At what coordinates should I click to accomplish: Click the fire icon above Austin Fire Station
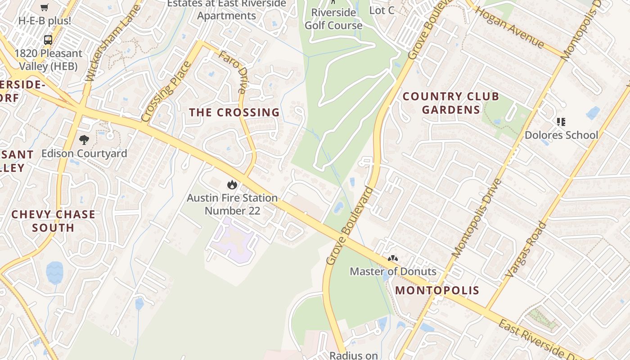coord(232,184)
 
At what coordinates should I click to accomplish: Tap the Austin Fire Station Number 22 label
coord(232,204)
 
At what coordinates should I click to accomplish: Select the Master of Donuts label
coord(393,271)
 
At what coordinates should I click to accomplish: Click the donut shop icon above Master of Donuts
coord(393,259)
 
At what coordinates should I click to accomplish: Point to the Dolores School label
coord(561,135)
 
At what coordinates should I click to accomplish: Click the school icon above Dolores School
coord(561,121)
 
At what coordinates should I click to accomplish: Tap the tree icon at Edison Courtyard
coord(84,140)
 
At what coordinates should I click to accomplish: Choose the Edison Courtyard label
coord(84,153)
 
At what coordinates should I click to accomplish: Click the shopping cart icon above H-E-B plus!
coord(44,8)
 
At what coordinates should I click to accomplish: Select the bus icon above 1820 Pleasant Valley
coord(48,40)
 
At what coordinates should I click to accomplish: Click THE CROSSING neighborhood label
coord(234,112)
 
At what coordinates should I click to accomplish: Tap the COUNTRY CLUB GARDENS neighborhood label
coord(450,103)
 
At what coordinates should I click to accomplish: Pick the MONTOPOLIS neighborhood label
coord(437,290)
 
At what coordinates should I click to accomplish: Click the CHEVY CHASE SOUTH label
coord(53,221)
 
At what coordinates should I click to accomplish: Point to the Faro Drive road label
coord(233,72)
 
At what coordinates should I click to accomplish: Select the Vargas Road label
coord(526,249)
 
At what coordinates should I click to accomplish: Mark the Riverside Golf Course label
coord(333,19)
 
